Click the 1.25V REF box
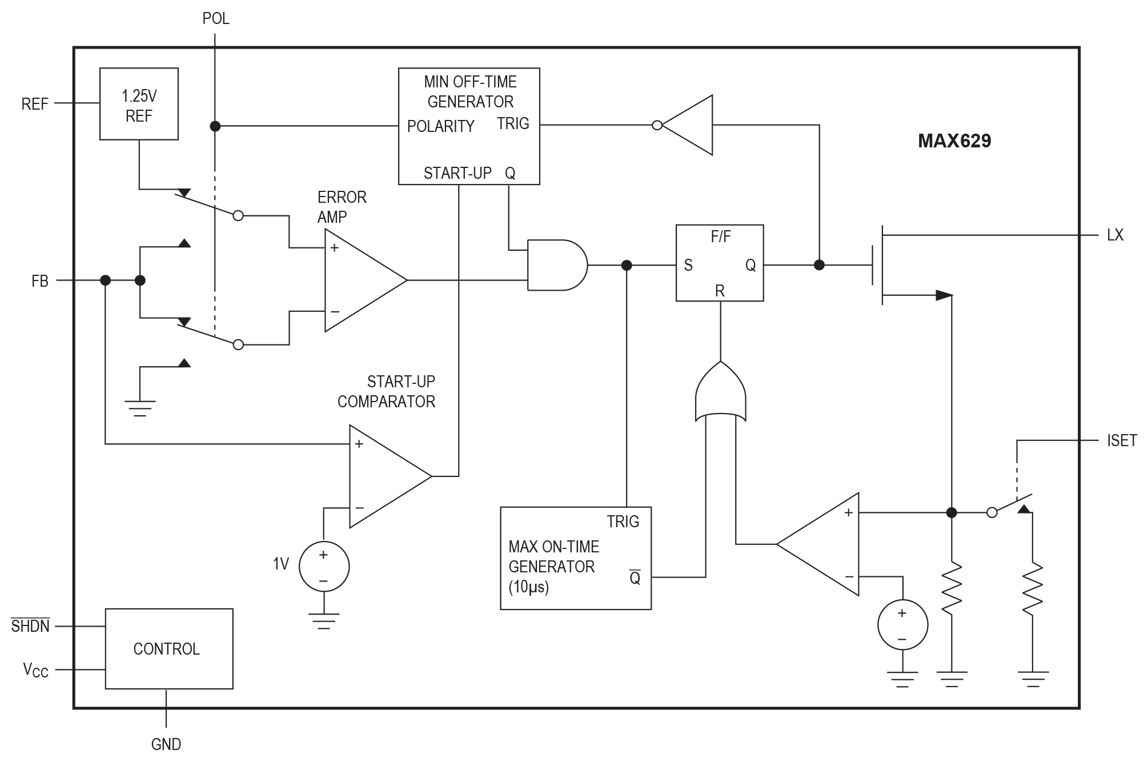(139, 104)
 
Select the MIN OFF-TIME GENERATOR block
(469, 126)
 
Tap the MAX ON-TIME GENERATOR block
(575, 558)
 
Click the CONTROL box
(168, 648)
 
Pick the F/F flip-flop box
(720, 263)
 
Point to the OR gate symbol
(720, 394)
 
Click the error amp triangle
(360, 280)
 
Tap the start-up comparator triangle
(386, 476)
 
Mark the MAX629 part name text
(954, 141)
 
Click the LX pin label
(1114, 235)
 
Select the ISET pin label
(1121, 440)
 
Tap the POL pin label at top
(216, 19)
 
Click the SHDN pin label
(31, 626)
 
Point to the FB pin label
(40, 281)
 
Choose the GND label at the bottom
(166, 744)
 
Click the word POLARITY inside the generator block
(440, 126)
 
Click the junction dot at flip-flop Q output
(819, 265)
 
